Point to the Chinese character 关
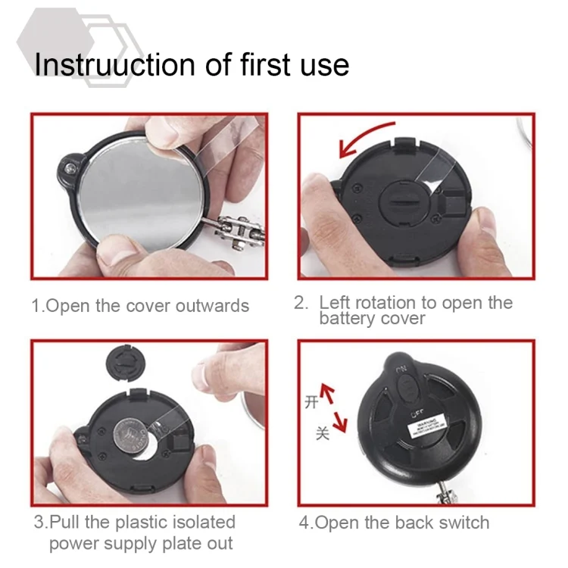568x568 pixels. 323,435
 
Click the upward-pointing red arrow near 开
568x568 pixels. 328,393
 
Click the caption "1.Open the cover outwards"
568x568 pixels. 140,306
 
